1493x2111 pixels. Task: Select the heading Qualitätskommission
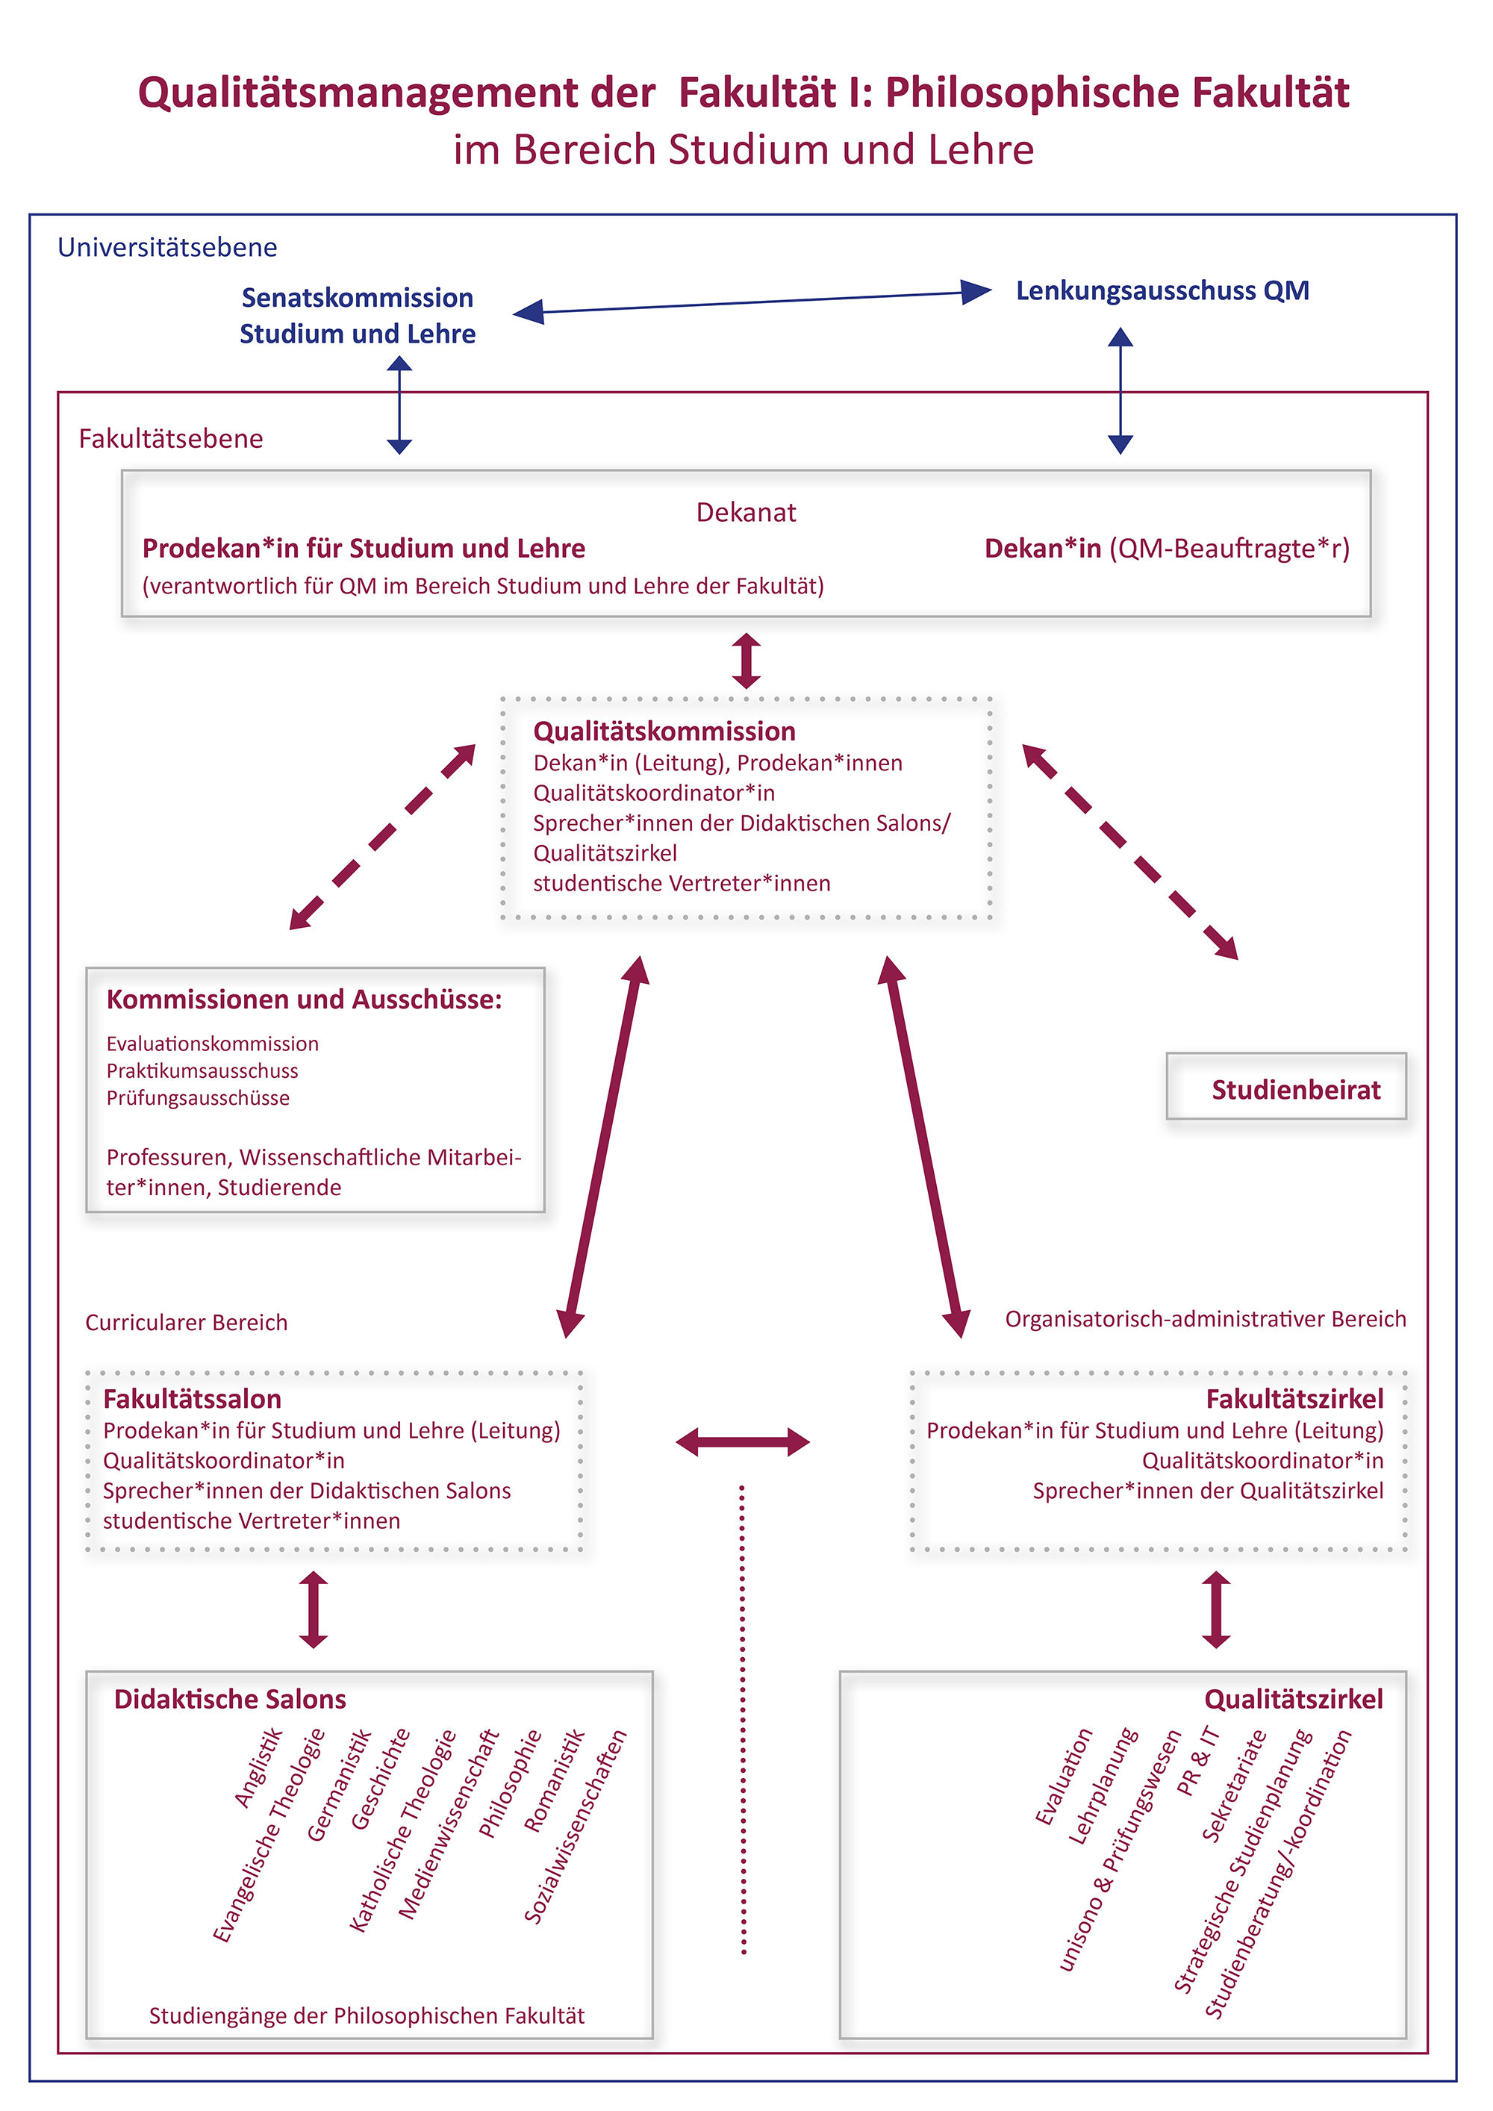[664, 731]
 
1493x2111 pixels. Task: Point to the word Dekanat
[746, 512]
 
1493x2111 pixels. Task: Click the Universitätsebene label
[167, 247]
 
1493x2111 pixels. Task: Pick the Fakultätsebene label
[171, 439]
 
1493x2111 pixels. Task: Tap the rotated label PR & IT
[1198, 1761]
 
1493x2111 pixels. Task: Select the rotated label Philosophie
[510, 1784]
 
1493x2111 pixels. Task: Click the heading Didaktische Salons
[230, 1699]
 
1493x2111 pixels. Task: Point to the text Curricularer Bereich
[187, 1322]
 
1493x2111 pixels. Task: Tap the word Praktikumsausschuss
[202, 1070]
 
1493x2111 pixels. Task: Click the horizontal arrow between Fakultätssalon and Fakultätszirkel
[743, 1441]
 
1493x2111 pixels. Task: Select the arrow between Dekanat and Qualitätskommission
[746, 660]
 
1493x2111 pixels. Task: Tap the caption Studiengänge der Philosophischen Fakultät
[367, 2015]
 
